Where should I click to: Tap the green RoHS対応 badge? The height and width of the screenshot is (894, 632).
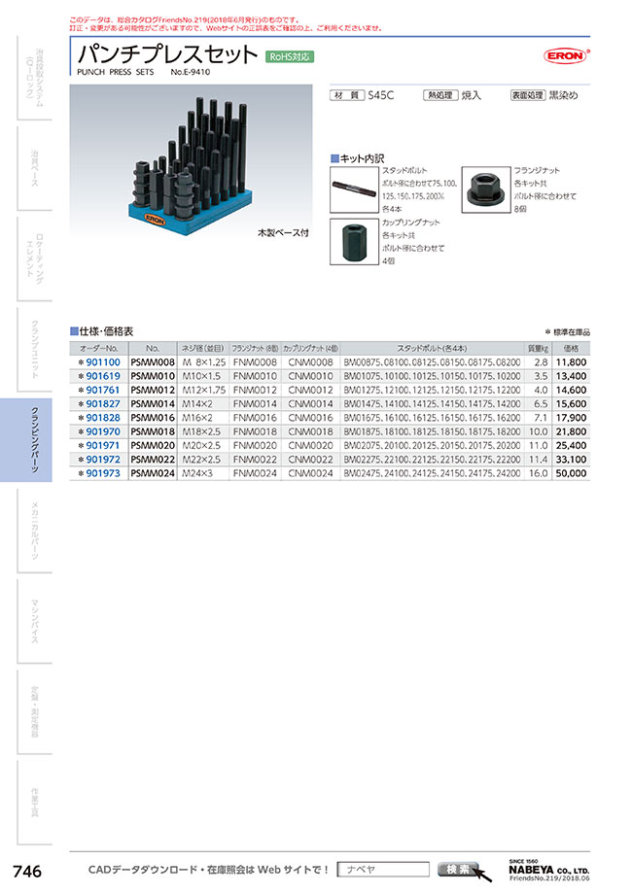click(290, 57)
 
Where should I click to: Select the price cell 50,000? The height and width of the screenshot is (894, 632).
click(572, 473)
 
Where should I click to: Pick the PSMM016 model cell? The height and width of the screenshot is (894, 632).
click(152, 418)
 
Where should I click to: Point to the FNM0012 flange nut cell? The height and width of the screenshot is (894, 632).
click(255, 390)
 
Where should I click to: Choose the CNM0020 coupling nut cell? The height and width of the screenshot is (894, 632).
click(311, 446)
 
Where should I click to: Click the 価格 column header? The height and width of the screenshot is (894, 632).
click(572, 347)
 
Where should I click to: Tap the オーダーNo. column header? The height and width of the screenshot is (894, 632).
click(99, 347)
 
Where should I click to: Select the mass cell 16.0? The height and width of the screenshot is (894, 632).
click(538, 473)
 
